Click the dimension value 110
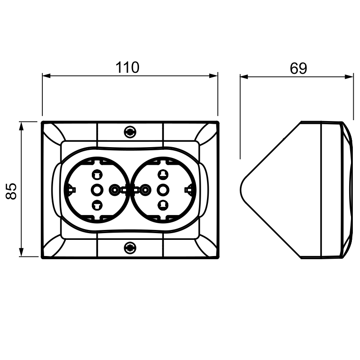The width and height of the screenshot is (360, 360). pos(127,67)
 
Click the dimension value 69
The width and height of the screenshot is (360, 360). pos(298,68)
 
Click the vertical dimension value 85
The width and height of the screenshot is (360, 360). pos(11,191)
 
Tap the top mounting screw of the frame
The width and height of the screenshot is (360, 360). pos(130,132)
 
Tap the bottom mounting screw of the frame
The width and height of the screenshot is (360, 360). pos(130,248)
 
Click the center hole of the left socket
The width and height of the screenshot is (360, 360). pos(96,190)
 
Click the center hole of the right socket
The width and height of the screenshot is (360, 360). pos(163,190)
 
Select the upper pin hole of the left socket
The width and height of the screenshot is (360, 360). pos(97,175)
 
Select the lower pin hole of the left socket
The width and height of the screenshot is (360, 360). pos(97,205)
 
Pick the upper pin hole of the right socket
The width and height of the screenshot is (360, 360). pos(163,175)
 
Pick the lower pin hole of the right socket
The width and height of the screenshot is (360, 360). pos(163,205)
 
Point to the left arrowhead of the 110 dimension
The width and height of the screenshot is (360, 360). pos(46,76)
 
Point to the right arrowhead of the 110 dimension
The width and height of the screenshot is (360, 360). pos(213,76)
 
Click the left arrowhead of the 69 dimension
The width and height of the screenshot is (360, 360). pos(244,76)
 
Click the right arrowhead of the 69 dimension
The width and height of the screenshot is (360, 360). pos(349,76)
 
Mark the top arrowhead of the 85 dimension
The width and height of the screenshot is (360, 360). pos(21,126)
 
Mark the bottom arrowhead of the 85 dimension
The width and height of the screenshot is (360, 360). pos(21,252)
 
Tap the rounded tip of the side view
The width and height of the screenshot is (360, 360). pos(241,190)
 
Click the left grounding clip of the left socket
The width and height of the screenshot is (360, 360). pos(71,190)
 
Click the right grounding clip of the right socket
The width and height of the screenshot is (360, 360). pos(189,190)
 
